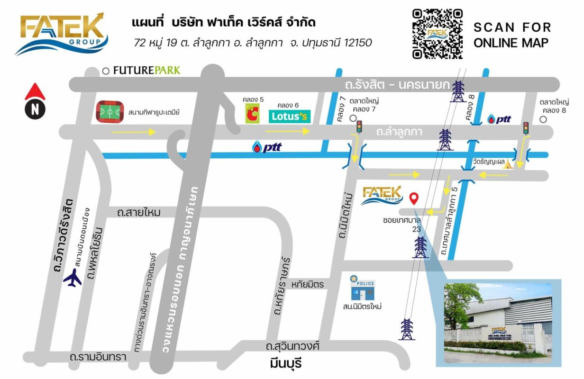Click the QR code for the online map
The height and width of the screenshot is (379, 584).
[437, 34]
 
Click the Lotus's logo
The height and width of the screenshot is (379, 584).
[290, 117]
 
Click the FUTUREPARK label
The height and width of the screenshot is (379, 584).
[146, 71]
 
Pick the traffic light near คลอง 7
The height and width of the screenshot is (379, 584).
[359, 126]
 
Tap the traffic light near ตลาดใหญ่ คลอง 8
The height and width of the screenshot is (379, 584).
[526, 128]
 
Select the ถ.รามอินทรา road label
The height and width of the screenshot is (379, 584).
[98, 357]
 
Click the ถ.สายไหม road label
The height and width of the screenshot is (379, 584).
[139, 213]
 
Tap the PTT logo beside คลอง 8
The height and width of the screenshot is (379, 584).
[499, 119]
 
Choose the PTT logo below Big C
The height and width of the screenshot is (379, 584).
[266, 147]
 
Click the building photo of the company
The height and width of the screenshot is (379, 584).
[498, 322]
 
